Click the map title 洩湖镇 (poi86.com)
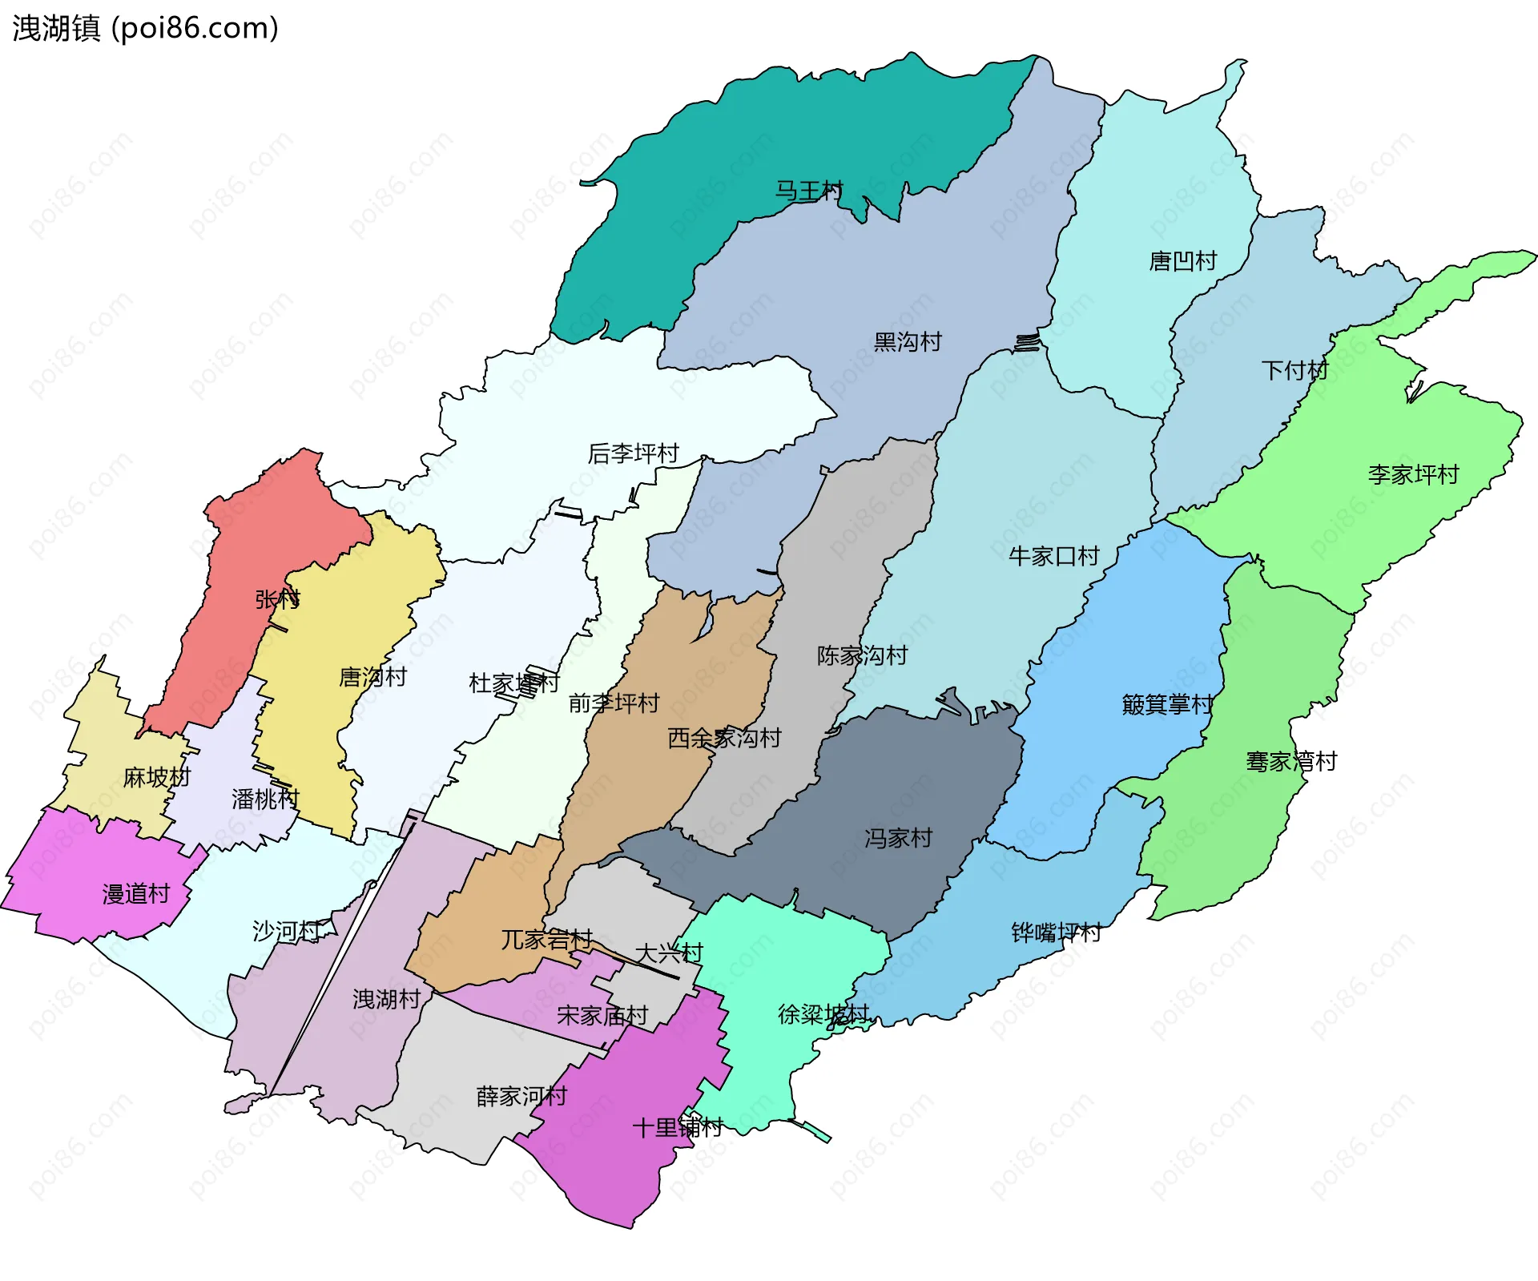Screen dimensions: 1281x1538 (x=145, y=28)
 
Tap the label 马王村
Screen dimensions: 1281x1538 (x=808, y=191)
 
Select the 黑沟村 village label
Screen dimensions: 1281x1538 (x=907, y=342)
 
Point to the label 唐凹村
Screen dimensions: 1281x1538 (x=1182, y=261)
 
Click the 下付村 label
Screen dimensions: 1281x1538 (x=1294, y=370)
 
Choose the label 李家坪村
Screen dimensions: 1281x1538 (x=1413, y=474)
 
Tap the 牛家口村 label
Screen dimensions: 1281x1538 (x=1053, y=556)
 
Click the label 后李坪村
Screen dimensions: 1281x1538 (x=633, y=453)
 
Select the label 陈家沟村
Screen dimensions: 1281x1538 (x=862, y=655)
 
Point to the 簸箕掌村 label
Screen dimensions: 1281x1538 (x=1167, y=704)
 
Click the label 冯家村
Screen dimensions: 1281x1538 (x=898, y=838)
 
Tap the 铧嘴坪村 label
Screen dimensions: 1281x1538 (x=1056, y=932)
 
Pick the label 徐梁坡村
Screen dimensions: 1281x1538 (x=823, y=1014)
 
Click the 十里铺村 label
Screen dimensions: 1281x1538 (x=677, y=1127)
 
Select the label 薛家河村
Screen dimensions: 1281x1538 (x=521, y=1096)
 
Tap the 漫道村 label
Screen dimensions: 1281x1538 (x=136, y=893)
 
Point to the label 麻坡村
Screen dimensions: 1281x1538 (x=156, y=777)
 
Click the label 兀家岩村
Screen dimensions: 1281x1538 (x=546, y=939)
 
